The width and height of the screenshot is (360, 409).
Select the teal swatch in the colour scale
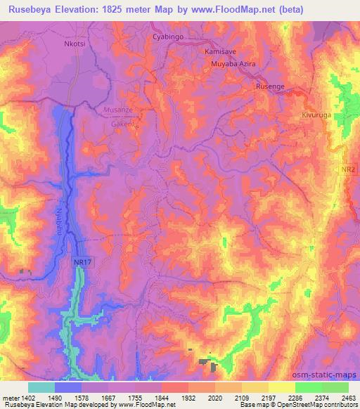41,387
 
